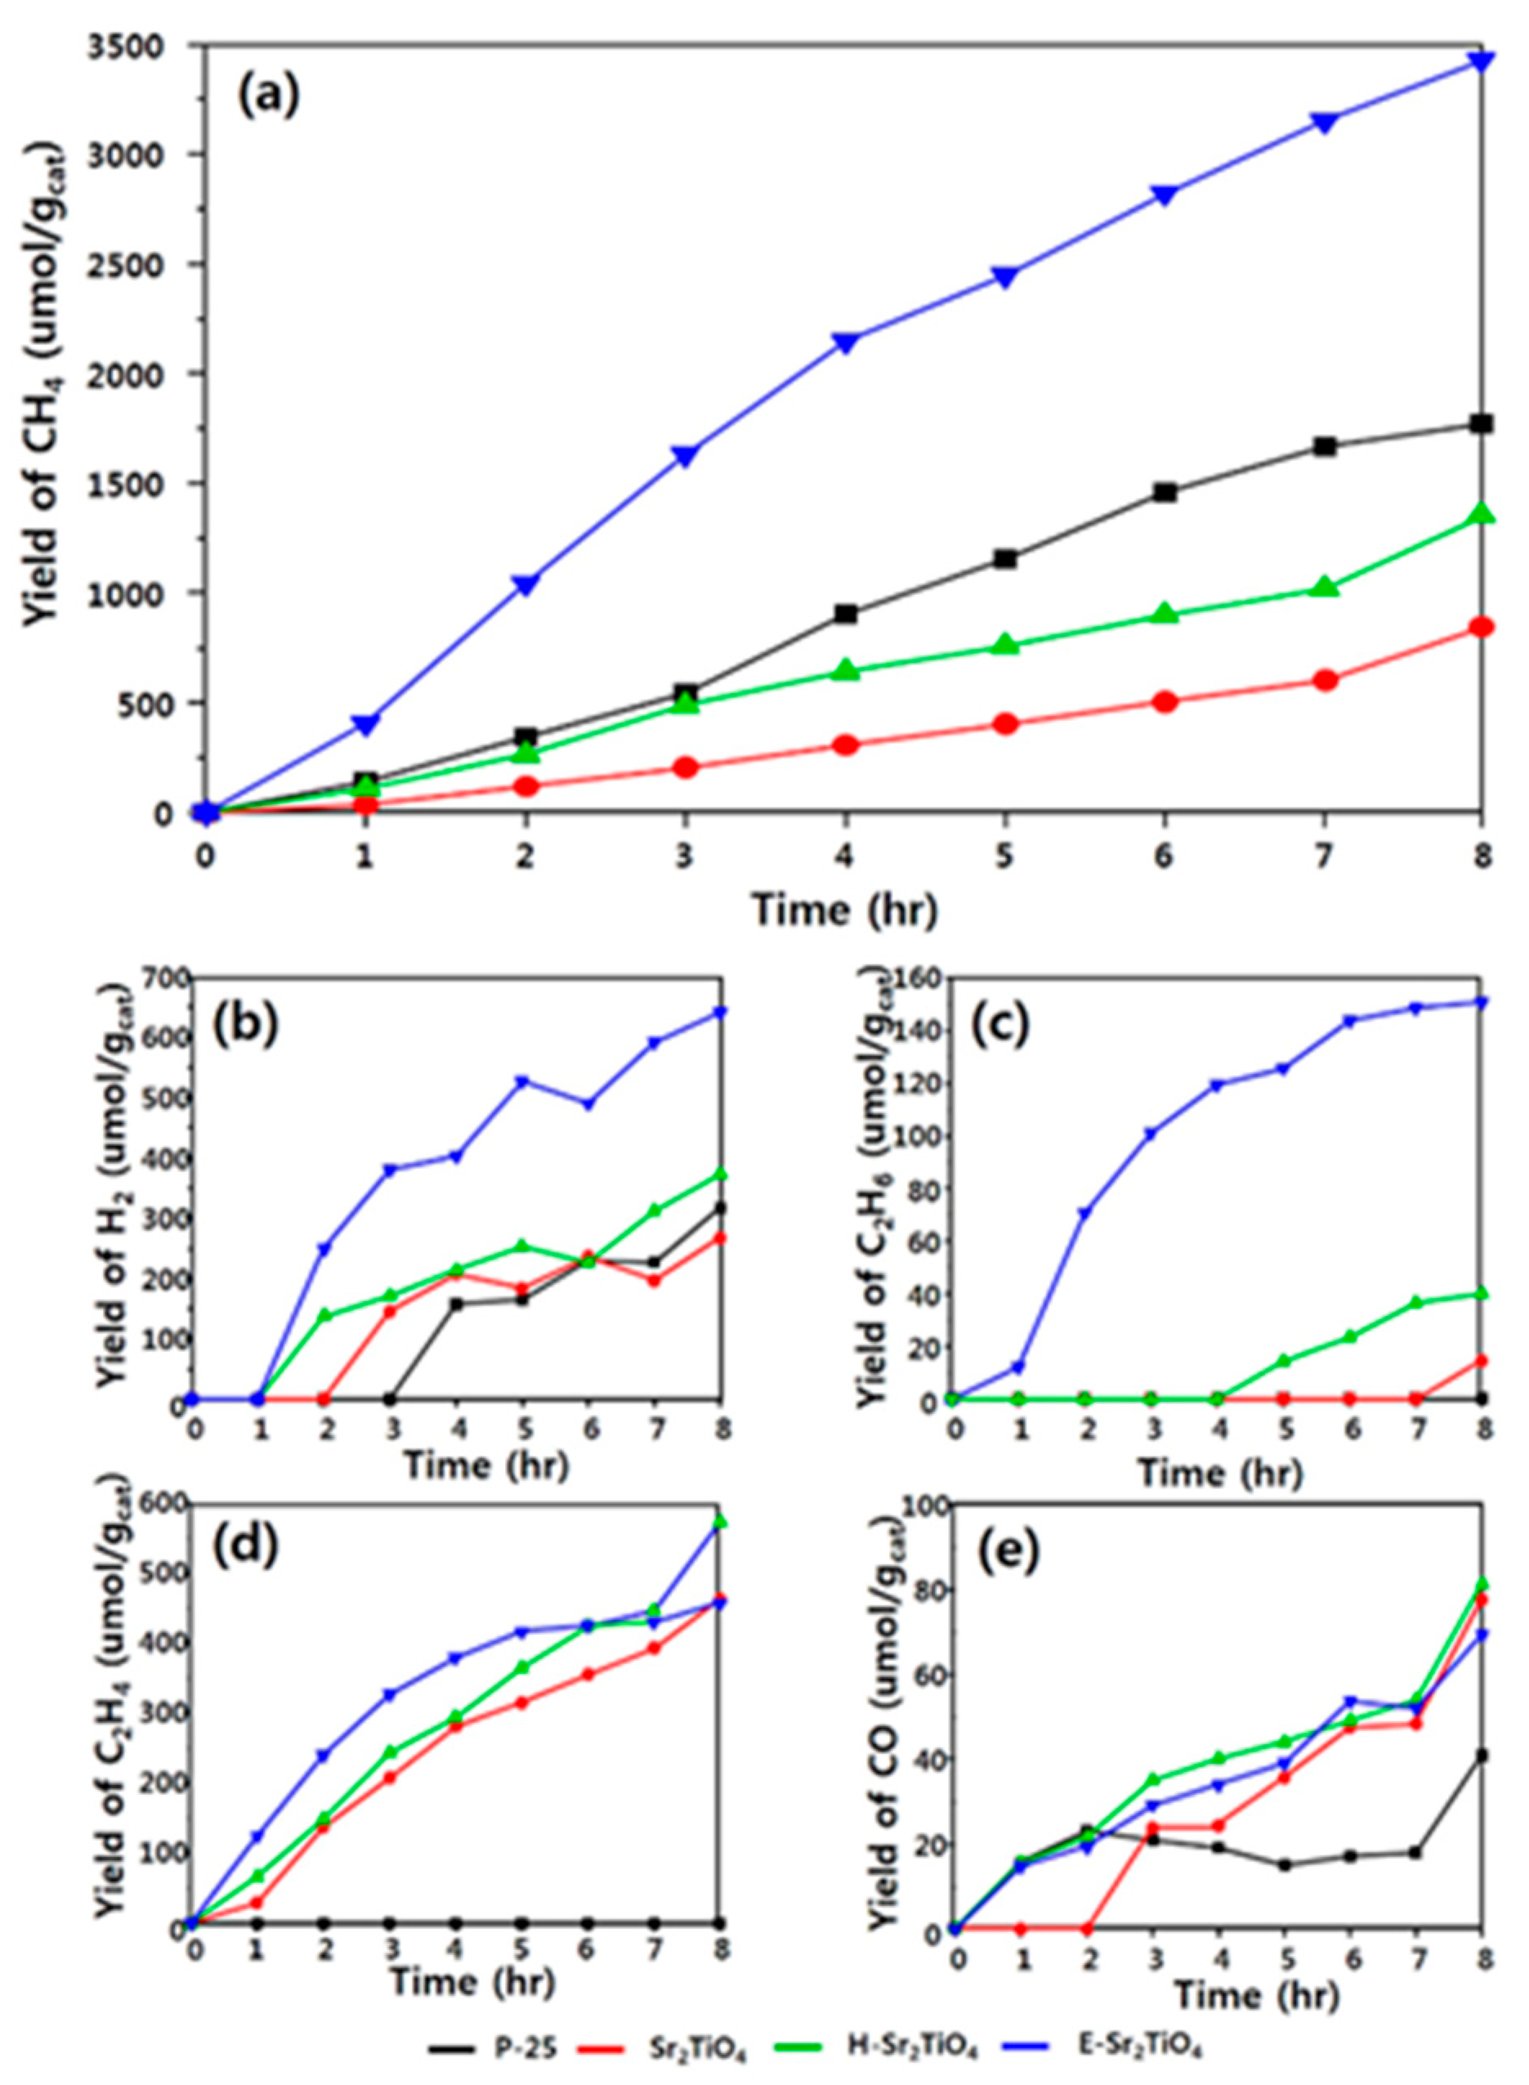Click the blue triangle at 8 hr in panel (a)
click(x=1481, y=61)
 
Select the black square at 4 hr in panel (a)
click(x=845, y=614)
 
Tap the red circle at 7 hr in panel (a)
click(x=1325, y=680)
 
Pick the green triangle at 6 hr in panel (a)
click(x=1165, y=614)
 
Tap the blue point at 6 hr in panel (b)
click(x=588, y=1104)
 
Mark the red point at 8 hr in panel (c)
click(x=1482, y=1360)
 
